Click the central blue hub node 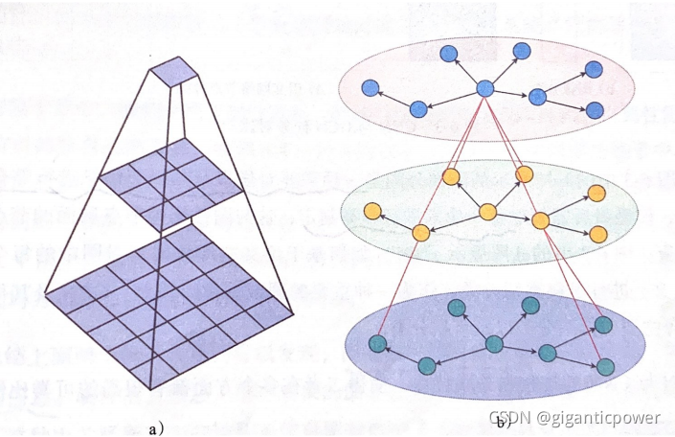coord(484,88)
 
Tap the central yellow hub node coord(487,212)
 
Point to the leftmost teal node coord(376,341)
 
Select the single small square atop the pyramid coord(173,72)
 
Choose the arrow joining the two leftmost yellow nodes coord(395,220)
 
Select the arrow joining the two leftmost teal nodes coord(402,353)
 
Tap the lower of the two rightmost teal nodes coord(604,366)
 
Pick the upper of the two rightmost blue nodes coord(594,70)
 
